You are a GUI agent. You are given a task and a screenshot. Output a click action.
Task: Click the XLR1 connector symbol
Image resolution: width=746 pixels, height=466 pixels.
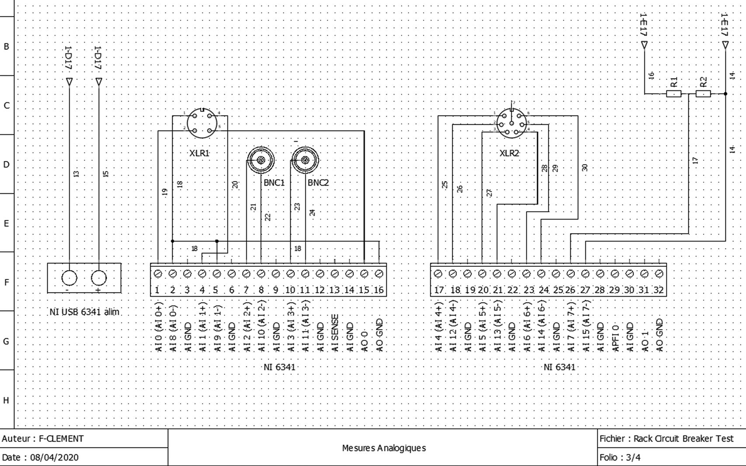202,123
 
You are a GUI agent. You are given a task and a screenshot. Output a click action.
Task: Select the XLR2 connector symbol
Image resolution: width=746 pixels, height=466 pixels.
512,124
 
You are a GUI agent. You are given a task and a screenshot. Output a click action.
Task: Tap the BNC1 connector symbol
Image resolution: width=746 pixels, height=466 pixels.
261,160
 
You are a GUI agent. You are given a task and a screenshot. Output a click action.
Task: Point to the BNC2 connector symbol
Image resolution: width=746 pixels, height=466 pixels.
305,160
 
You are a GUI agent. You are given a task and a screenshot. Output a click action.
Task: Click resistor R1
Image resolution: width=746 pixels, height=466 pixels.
673,93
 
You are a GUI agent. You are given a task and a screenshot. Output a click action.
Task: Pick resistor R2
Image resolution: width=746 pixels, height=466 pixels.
703,93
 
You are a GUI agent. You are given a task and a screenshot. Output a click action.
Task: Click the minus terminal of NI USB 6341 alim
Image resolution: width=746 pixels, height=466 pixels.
69,278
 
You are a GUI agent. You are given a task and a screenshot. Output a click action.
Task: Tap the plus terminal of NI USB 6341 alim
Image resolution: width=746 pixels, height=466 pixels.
99,278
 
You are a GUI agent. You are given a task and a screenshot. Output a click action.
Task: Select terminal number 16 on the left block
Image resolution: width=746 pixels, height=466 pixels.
379,274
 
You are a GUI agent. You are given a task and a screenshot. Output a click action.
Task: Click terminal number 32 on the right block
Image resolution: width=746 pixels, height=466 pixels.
659,274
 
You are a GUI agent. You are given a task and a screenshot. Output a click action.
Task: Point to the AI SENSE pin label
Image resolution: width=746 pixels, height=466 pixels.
335,333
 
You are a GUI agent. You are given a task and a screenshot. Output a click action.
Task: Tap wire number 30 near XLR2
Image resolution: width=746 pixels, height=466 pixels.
585,167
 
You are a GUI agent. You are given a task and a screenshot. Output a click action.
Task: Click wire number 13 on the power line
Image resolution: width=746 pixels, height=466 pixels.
76,173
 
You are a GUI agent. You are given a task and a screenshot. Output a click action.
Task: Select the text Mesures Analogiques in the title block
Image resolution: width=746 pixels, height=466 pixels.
383,448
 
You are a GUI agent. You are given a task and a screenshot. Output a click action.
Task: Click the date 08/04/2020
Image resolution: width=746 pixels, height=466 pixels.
54,457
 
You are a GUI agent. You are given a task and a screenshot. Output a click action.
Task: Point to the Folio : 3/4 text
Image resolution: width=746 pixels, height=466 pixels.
620,457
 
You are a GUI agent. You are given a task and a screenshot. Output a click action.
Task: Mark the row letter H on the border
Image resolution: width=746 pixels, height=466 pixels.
6,400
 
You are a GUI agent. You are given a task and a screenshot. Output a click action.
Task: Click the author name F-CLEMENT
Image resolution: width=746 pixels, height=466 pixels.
61,438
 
